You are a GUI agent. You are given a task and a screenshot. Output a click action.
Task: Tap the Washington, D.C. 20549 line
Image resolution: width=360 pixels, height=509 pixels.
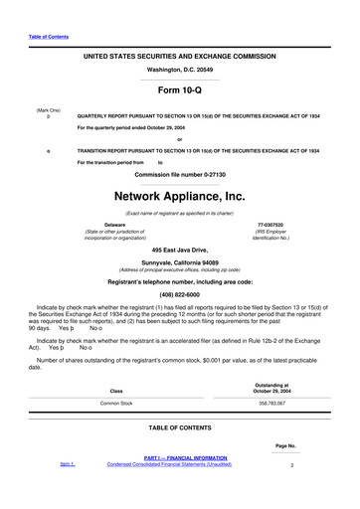(x=179, y=71)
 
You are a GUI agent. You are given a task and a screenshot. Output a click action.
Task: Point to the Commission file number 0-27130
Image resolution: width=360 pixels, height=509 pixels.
(x=179, y=174)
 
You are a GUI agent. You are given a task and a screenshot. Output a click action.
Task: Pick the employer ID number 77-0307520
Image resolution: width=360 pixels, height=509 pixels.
(x=270, y=225)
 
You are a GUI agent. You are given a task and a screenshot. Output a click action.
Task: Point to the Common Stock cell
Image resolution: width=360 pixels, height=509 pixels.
(x=115, y=404)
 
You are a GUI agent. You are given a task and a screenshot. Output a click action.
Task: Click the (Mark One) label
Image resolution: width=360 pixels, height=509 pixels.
(x=48, y=109)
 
